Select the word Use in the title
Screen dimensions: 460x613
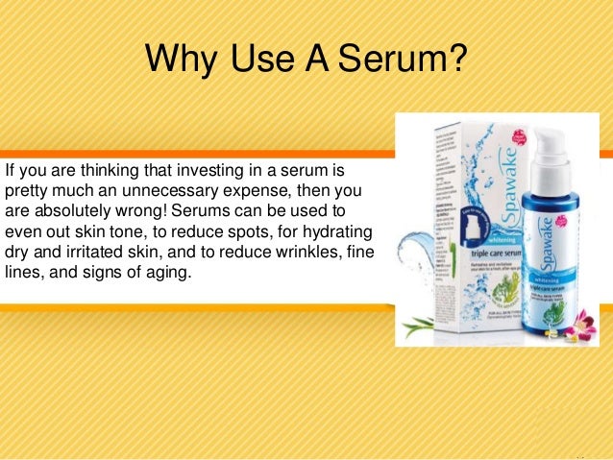[x=263, y=61]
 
